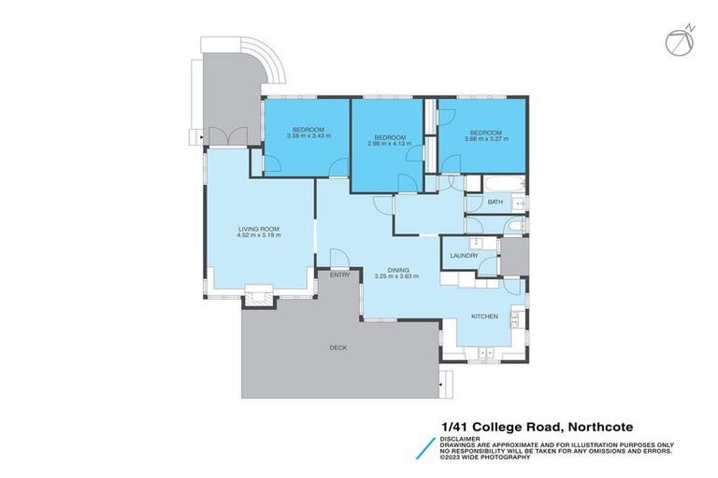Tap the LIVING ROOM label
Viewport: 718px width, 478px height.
pos(259,228)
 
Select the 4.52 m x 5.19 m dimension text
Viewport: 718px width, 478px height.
pos(259,235)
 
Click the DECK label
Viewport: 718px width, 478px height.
pos(337,347)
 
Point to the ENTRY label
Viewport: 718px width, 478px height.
pos(339,274)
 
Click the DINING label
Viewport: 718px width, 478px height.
pos(399,269)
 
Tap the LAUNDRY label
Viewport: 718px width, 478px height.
pos(464,256)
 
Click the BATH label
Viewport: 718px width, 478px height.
pos(495,203)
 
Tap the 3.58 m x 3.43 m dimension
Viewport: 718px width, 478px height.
pos(308,135)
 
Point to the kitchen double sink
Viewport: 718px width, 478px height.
pos(513,319)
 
